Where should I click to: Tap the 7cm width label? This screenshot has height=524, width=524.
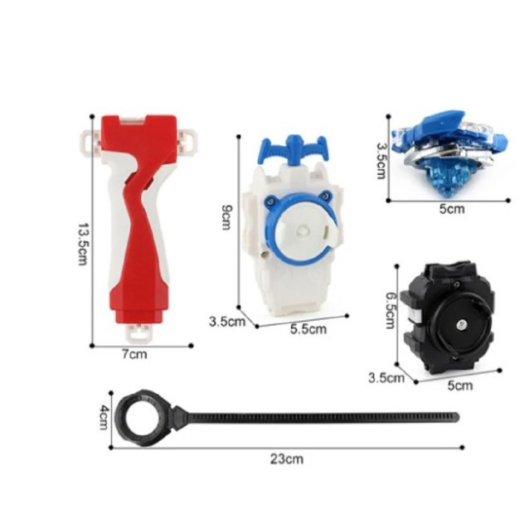[x=134, y=354]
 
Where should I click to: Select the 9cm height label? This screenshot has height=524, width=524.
[x=226, y=217]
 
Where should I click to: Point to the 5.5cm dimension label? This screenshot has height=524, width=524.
[x=308, y=329]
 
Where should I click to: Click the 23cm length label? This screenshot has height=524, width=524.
[x=287, y=459]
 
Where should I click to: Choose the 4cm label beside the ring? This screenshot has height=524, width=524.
[x=104, y=417]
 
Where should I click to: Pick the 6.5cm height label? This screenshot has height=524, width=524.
[x=391, y=311]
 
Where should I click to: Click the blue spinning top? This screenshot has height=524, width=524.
[x=450, y=153]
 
